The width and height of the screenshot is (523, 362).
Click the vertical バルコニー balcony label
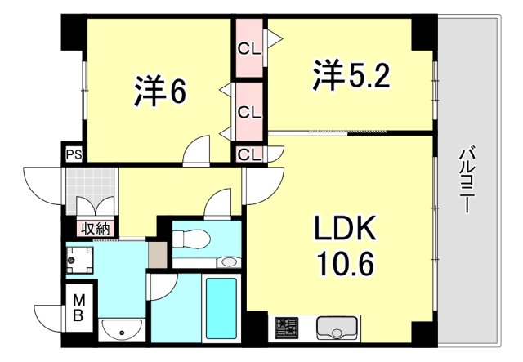point(467,181)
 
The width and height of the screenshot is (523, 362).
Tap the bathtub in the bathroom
point(220,309)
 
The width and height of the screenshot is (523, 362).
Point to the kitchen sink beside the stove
point(335,329)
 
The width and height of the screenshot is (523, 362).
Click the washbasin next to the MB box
point(123,332)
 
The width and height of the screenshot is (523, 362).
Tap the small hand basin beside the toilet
point(230,262)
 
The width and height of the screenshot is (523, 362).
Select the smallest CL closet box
point(249,154)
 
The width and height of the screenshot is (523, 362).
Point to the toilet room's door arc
point(218,203)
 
